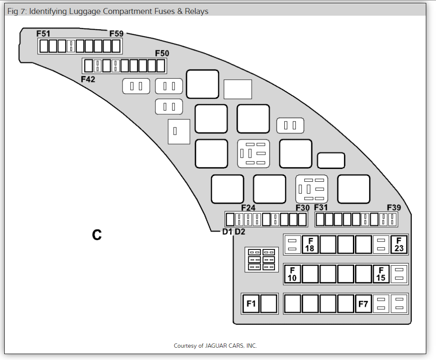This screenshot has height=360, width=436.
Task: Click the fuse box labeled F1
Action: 251,304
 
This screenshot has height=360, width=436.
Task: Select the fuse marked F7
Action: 364,304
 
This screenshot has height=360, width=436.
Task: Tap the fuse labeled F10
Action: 292,274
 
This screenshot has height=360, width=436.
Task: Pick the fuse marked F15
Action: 381,274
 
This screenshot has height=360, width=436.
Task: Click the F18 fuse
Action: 310,244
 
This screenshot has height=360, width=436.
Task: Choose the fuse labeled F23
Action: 399,244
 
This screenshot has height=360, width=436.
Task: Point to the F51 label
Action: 43,33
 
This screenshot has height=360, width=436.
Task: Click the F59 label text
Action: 117,33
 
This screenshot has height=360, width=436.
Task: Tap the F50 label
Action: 162,53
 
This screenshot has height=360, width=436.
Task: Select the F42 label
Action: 88,79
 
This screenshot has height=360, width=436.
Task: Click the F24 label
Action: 248,208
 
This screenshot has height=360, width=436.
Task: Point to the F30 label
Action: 303,208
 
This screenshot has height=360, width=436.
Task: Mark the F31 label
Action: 321,208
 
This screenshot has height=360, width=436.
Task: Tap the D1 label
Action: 227,232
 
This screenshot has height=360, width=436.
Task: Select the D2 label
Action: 240,232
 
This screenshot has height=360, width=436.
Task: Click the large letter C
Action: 97,235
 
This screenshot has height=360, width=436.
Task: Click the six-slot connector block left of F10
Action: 261,260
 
